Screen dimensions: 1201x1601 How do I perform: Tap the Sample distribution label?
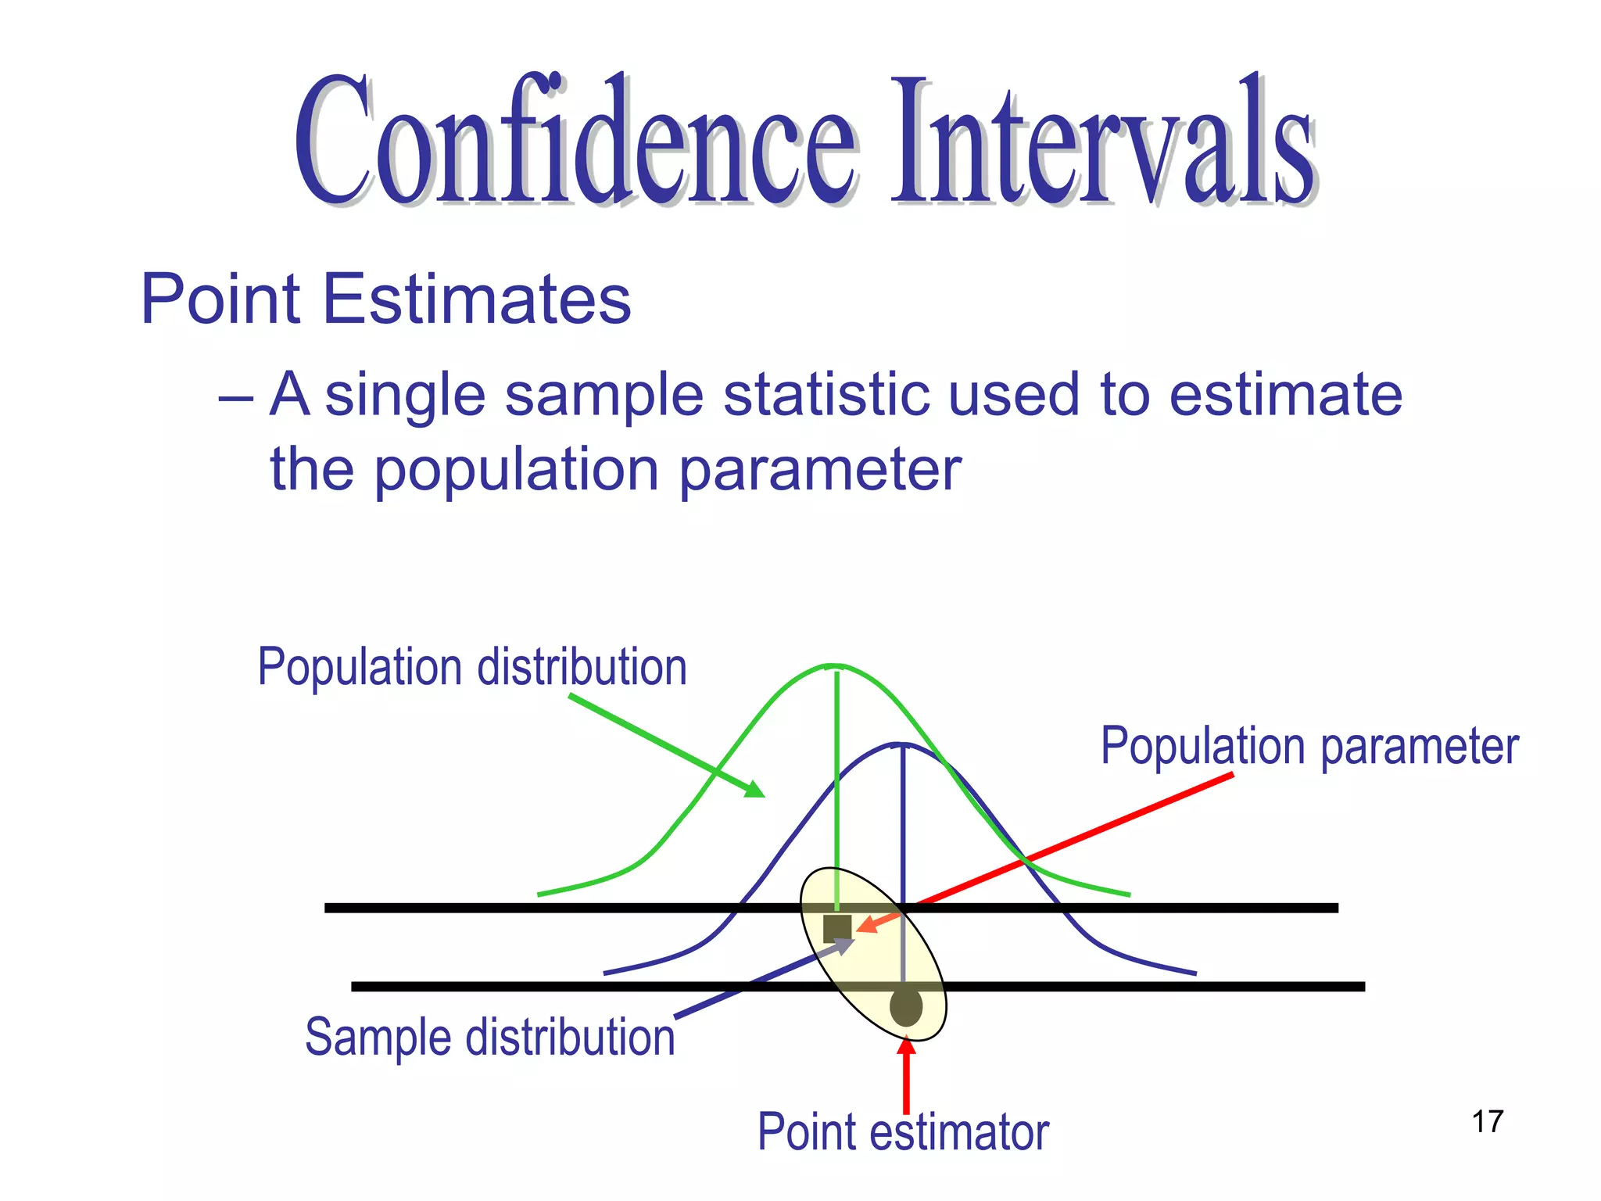pyautogui.click(x=489, y=1037)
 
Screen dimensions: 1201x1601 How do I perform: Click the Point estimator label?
pyautogui.click(x=903, y=1131)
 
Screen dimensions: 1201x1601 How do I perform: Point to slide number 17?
pyautogui.click(x=1487, y=1121)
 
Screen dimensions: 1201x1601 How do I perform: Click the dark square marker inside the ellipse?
pyautogui.click(x=837, y=928)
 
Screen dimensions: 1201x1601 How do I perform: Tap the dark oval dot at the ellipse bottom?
pyautogui.click(x=906, y=1007)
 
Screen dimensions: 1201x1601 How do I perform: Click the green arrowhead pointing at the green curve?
pyautogui.click(x=754, y=789)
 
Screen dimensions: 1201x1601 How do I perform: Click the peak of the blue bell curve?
pyautogui.click(x=902, y=744)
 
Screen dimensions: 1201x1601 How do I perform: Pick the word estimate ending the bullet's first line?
pyautogui.click(x=1285, y=395)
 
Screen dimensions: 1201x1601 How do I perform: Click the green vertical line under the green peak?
pyautogui.click(x=837, y=782)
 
